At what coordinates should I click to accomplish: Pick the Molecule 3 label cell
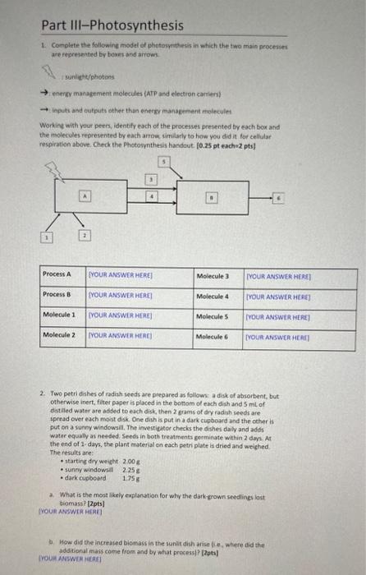tap(216, 274)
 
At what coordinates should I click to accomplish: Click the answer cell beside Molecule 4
tap(284, 295)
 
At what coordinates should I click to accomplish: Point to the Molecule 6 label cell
tap(216, 336)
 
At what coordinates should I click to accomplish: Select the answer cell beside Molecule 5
tap(284, 315)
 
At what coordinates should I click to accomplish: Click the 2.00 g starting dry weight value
tap(131, 462)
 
